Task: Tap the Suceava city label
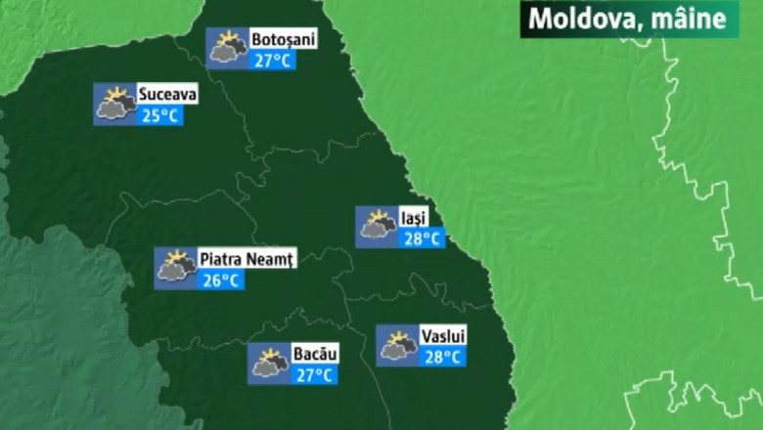pyautogui.click(x=168, y=95)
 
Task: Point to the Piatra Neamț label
pyautogui.click(x=247, y=259)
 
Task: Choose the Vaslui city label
pyautogui.click(x=443, y=336)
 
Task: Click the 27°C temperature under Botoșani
pyautogui.click(x=273, y=61)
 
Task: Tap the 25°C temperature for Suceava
pyautogui.click(x=159, y=115)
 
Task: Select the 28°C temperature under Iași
pyautogui.click(x=422, y=238)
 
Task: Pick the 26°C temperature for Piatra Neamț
pyautogui.click(x=221, y=280)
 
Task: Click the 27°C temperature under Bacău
pyautogui.click(x=315, y=374)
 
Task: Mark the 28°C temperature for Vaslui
pyautogui.click(x=443, y=357)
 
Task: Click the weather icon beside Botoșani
pyautogui.click(x=227, y=48)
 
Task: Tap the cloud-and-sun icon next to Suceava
pyautogui.click(x=113, y=104)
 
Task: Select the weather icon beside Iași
pyautogui.click(x=376, y=227)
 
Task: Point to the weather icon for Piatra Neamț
pyautogui.click(x=175, y=268)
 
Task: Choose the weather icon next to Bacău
pyautogui.click(x=268, y=364)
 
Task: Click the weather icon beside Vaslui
pyautogui.click(x=397, y=345)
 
